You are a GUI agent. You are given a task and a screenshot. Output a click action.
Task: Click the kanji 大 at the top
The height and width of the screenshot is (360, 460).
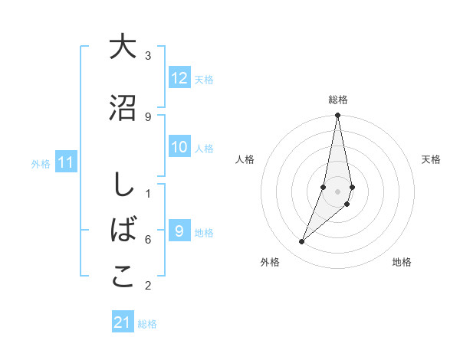pos(123,47)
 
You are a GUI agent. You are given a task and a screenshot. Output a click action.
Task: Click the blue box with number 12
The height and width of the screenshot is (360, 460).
pos(179,78)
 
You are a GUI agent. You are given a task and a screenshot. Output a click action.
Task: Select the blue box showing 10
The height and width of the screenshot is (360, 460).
pos(179,147)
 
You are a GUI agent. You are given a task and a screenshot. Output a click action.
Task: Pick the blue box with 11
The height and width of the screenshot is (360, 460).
pos(66,162)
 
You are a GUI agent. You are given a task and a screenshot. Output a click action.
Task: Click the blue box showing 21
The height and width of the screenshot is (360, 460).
pos(123,322)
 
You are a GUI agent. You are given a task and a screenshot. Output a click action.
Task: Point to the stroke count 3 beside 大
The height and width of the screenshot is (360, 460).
pos(148,56)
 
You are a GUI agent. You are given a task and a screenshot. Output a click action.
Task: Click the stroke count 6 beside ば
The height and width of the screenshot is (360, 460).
pos(148,240)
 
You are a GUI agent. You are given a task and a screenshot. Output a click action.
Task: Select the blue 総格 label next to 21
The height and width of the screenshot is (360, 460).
pos(147,324)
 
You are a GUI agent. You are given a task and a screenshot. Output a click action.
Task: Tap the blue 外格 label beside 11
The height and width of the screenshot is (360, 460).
pos(41,164)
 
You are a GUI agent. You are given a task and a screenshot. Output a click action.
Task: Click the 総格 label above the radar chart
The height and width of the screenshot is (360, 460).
pos(338,100)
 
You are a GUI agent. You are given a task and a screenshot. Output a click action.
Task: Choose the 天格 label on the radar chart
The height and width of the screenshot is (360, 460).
pos(431,159)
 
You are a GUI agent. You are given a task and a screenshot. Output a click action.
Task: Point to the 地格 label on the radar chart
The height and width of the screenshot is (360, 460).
pos(402,262)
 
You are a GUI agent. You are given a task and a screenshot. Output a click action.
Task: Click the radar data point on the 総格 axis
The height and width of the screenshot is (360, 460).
pos(338,116)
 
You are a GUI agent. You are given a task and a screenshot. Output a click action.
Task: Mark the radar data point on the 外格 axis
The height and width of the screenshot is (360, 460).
pos(301,242)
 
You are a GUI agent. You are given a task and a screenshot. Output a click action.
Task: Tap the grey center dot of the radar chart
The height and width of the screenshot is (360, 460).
pos(338,191)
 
